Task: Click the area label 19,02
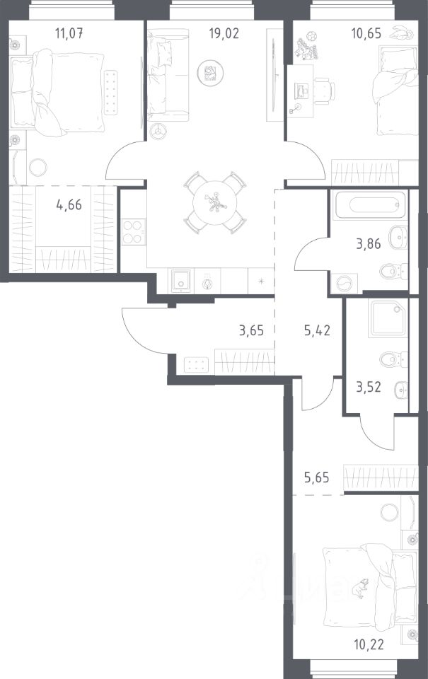pyautogui.click(x=224, y=33)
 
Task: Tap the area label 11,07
pyautogui.click(x=69, y=33)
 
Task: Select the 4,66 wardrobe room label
pyautogui.click(x=69, y=204)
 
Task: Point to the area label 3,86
pyautogui.click(x=368, y=244)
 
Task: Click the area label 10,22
pyautogui.click(x=369, y=645)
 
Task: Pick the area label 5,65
pyautogui.click(x=316, y=477)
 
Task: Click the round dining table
pyautogui.click(x=215, y=202)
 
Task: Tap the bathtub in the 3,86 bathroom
pyautogui.click(x=371, y=204)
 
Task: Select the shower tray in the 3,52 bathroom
pyautogui.click(x=388, y=319)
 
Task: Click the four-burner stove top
pyautogui.click(x=134, y=233)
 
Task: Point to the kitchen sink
pyautogui.click(x=181, y=281)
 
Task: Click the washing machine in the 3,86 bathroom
pyautogui.click(x=345, y=284)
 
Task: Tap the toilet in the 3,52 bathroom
pyautogui.click(x=394, y=359)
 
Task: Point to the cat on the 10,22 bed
pyautogui.click(x=359, y=588)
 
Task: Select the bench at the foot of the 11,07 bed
pyautogui.click(x=110, y=93)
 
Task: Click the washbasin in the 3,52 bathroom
pyautogui.click(x=401, y=390)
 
